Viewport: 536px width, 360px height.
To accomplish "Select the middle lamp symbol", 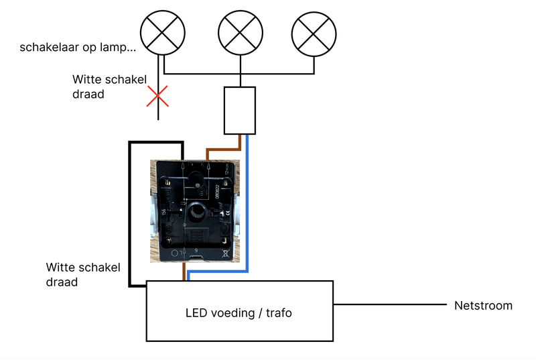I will [x=239, y=32].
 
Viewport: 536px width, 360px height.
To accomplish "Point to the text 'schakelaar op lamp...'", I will [x=78, y=48].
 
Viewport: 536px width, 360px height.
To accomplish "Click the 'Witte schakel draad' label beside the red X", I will [x=109, y=86].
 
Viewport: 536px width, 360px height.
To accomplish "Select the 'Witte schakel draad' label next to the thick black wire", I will [x=83, y=275].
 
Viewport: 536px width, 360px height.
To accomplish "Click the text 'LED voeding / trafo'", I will [x=239, y=313].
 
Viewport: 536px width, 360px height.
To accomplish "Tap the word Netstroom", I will [x=483, y=306].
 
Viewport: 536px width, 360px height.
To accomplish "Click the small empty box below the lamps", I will [x=239, y=111].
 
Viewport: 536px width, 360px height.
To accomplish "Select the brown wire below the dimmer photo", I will [x=184, y=272].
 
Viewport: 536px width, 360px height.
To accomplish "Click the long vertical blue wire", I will [x=248, y=201].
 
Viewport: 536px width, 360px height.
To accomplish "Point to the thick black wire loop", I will [x=129, y=215].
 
